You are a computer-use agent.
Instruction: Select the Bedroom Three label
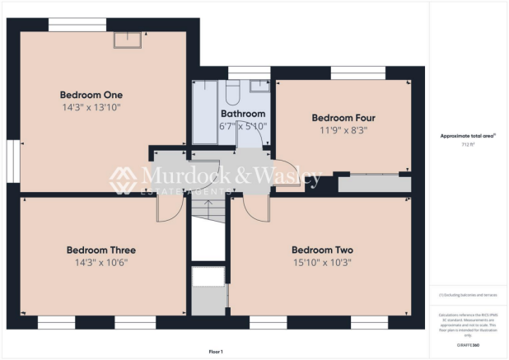(x=101, y=250)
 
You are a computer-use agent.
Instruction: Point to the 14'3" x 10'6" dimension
(x=101, y=263)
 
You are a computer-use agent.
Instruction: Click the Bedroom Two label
(x=322, y=250)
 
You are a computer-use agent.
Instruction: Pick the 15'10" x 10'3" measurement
(x=322, y=263)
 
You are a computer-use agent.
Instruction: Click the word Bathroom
(x=243, y=114)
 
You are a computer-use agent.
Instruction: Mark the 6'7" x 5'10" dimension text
(x=243, y=126)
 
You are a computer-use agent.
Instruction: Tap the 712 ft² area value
(x=470, y=143)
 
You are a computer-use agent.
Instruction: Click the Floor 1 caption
(x=216, y=352)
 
